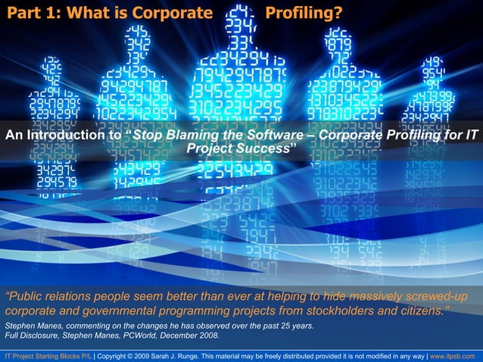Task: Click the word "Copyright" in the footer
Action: [114, 354]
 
